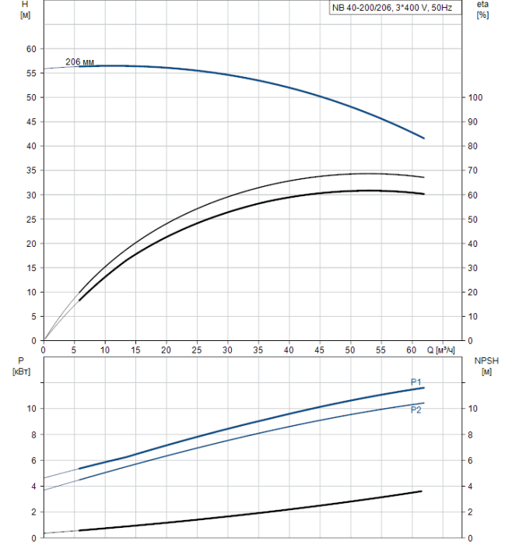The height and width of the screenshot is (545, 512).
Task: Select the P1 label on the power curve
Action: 416,381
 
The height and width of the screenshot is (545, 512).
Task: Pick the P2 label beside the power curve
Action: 416,410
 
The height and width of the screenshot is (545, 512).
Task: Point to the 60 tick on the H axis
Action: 32,48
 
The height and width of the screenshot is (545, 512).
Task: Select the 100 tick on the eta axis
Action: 475,97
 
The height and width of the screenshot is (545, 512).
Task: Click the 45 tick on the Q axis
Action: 320,350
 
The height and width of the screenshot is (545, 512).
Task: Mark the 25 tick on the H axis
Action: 32,219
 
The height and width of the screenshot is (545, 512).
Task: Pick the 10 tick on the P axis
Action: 32,409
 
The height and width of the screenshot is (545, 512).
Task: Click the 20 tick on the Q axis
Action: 166,350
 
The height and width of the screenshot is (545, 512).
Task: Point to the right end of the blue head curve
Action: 424,138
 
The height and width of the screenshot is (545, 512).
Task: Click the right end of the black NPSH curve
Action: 422,491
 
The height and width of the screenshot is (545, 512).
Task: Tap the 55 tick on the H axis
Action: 32,73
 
